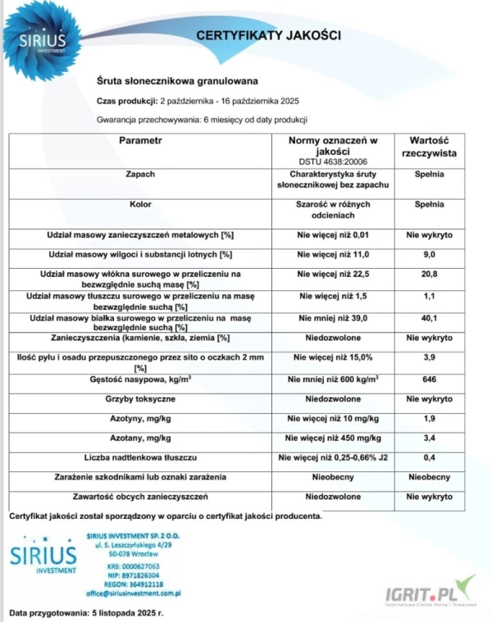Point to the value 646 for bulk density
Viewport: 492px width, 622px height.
(429, 380)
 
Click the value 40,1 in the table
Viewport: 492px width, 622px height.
(429, 318)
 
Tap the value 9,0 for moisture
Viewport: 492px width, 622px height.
(429, 255)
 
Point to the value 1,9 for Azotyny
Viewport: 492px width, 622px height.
(429, 419)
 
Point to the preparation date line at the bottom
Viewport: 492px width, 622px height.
(87, 613)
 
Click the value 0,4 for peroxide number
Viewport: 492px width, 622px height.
(429, 456)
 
